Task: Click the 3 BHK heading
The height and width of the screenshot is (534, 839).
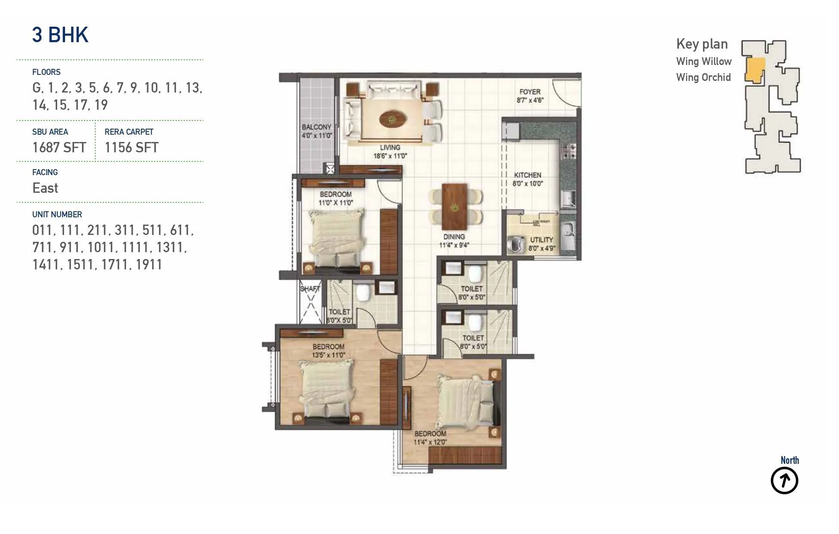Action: [60, 35]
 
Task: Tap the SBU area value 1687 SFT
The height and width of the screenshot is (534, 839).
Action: [59, 148]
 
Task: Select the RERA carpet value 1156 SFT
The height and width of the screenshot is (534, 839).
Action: [131, 148]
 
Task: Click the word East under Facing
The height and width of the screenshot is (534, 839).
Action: [45, 188]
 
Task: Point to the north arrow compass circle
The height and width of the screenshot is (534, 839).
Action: [784, 481]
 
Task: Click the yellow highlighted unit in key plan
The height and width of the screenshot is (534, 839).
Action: [755, 70]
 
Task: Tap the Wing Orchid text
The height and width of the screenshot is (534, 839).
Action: [703, 77]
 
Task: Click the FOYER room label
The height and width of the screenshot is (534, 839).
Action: [529, 92]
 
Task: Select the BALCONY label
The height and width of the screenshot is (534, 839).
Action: [316, 127]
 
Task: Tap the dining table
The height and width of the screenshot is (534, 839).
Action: [455, 207]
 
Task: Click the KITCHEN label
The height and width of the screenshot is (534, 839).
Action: [527, 175]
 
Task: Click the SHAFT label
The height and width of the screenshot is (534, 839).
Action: [310, 289]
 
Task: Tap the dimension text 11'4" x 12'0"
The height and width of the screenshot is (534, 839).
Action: [430, 442]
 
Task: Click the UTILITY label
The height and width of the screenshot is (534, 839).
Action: [541, 240]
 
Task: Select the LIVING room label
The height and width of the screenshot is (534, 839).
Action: [390, 148]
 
